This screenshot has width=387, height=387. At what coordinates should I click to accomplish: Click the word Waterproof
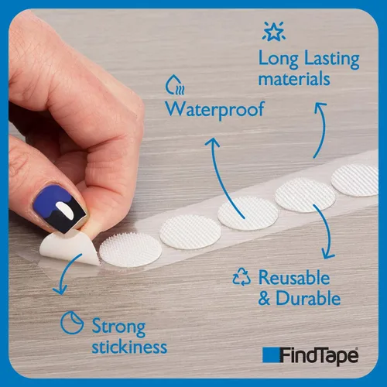point(214,110)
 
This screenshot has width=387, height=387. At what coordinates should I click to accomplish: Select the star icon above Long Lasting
point(274,31)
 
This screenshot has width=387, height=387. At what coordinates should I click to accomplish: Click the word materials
point(294,79)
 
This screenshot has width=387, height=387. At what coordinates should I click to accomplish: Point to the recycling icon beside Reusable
point(241,277)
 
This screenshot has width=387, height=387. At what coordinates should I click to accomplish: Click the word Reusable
point(294,278)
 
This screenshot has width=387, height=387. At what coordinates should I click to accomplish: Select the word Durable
point(308,298)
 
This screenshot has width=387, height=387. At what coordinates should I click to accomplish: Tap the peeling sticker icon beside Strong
point(72,323)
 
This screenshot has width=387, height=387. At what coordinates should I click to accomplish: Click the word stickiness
point(129,347)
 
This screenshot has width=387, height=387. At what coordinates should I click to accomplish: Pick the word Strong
point(118,327)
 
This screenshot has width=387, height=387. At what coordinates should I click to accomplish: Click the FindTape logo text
point(319,356)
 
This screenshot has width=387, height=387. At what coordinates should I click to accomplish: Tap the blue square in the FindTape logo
point(271,354)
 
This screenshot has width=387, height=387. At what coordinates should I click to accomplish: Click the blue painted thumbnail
point(59,207)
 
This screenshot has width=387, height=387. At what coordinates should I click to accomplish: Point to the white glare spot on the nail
point(65,210)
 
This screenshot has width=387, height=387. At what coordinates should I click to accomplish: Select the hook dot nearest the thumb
point(131,249)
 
